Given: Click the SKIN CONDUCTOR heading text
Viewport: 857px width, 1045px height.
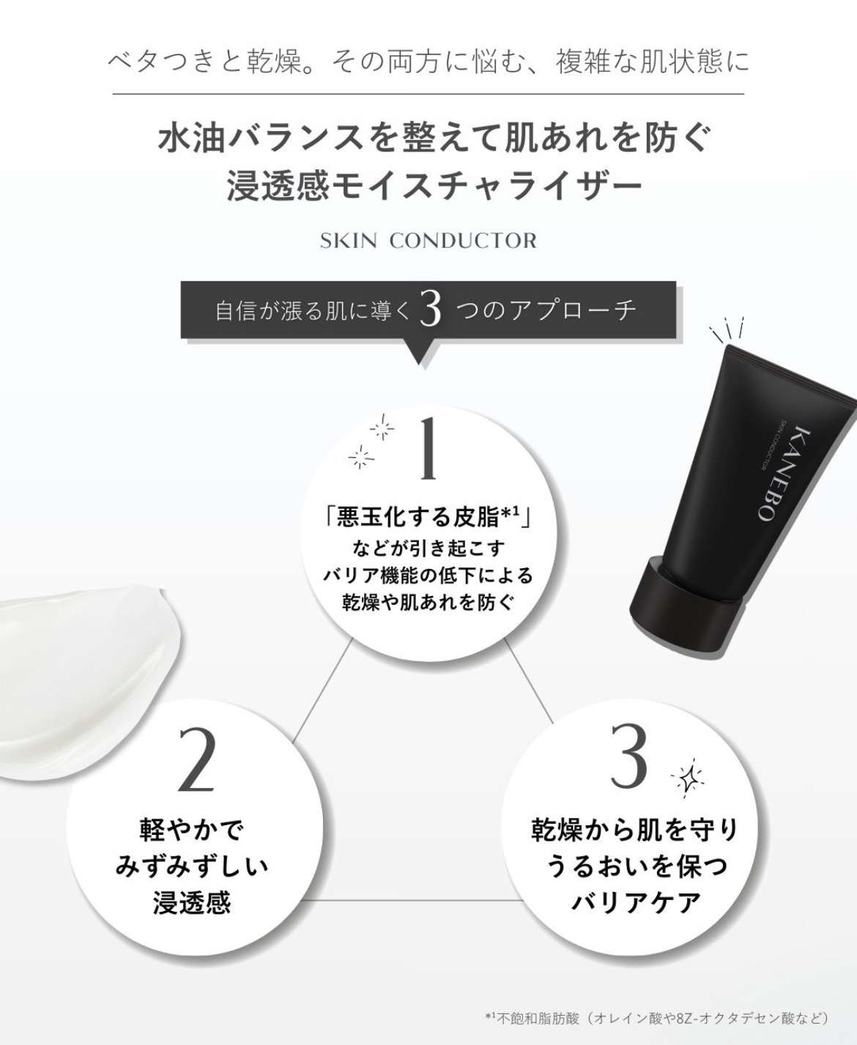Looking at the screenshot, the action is coord(428,241).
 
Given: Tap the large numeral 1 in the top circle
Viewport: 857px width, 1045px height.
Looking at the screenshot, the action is coord(428,449).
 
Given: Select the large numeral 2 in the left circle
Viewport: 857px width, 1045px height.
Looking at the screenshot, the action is coord(196,759).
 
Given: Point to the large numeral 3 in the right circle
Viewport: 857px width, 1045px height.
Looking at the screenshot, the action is coord(628,755).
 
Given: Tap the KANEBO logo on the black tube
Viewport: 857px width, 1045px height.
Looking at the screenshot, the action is coord(779,475).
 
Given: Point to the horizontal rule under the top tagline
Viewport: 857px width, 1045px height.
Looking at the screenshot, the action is coord(428,94).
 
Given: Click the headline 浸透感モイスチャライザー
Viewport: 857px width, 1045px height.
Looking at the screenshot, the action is coord(434,187).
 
